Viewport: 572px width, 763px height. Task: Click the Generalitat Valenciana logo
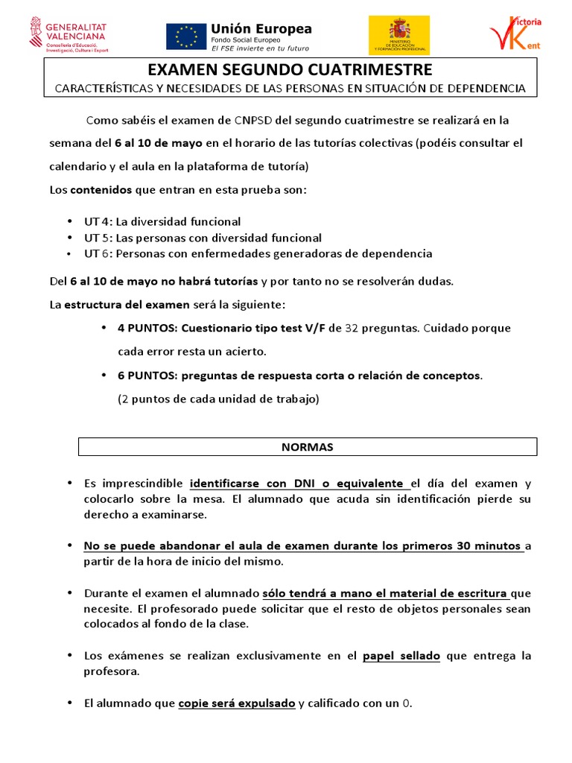68,34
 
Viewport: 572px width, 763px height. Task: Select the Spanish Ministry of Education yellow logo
399,35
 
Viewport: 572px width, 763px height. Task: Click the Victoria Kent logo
515,34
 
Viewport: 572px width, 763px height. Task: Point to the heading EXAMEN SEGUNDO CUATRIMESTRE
290,71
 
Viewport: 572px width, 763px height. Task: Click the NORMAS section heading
308,447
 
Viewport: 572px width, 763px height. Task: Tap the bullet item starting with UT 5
203,238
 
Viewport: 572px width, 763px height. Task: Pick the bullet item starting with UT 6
258,253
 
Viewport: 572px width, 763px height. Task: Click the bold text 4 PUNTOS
147,328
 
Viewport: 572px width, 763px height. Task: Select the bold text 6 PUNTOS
147,375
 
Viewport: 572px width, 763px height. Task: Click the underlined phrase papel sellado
401,656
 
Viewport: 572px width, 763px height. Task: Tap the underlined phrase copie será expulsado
237,703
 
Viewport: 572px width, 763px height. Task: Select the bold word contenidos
101,190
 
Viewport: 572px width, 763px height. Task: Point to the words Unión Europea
261,29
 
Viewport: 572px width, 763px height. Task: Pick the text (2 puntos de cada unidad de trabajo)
218,399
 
